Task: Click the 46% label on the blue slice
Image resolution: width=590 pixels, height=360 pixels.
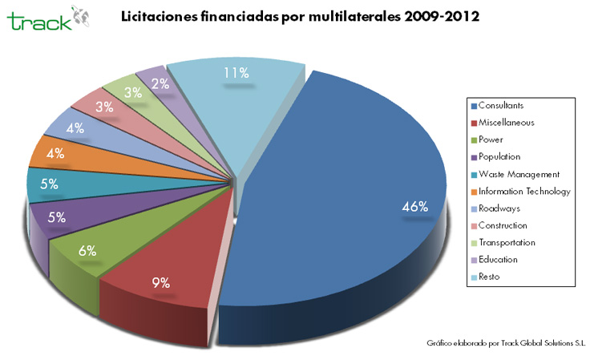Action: coord(414,207)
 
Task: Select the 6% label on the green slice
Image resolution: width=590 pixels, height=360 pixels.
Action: coord(88,249)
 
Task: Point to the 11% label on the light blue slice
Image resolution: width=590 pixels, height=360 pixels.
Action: coord(236,73)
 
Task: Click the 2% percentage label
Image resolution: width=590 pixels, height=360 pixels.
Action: coord(160,84)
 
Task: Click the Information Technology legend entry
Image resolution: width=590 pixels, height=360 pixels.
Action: coord(524,191)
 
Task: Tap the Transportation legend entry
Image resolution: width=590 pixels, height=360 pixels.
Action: coord(507,242)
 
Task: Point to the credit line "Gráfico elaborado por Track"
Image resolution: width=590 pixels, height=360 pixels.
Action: coord(506,342)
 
